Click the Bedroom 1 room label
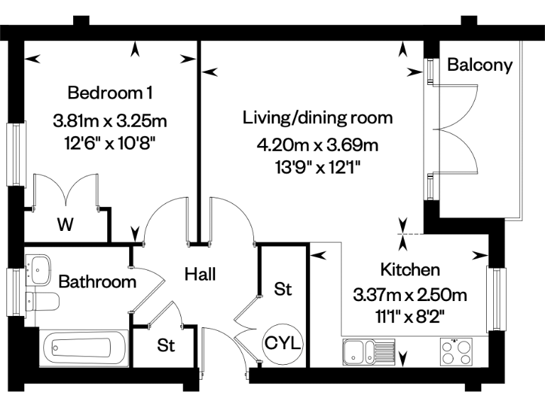pyautogui.click(x=110, y=92)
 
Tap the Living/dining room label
pyautogui.click(x=317, y=117)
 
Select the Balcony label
pyautogui.click(x=479, y=65)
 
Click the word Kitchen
pyautogui.click(x=410, y=270)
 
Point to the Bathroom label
pyautogui.click(x=97, y=282)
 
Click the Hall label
pyautogui.click(x=200, y=274)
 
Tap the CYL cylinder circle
pyautogui.click(x=283, y=344)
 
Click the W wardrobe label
pyautogui.click(x=65, y=226)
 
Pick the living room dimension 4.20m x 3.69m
pyautogui.click(x=317, y=146)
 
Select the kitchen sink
pyautogui.click(x=368, y=349)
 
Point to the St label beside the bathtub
pyautogui.click(x=166, y=346)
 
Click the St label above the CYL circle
pyautogui.click(x=283, y=289)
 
